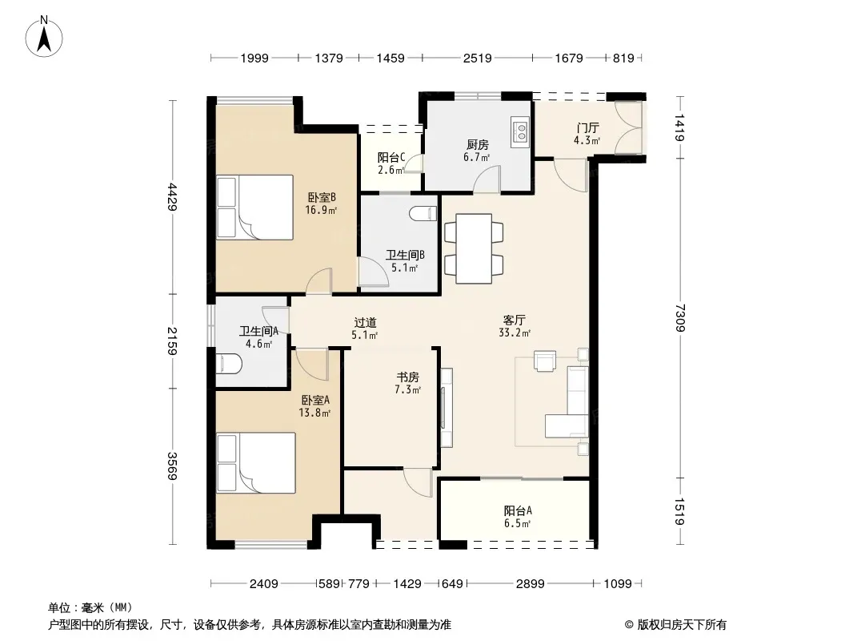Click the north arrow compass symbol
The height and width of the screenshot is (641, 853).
pos(44,37)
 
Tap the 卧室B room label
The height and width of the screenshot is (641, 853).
pos(322,197)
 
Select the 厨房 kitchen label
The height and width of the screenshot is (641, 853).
pos(477,145)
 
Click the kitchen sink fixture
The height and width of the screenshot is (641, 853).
pos(520,131)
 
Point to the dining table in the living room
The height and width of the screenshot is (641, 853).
pos(474,248)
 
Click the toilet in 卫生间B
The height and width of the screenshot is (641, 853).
pos(423,213)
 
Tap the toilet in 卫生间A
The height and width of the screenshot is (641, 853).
pos(229,364)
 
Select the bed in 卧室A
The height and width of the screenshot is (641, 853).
pos(256,463)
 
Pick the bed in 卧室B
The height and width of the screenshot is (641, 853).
pos(254,207)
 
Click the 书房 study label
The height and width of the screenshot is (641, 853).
pos(407,377)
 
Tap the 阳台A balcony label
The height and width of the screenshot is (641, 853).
pos(518,511)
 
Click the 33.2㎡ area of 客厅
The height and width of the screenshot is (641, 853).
pos(515,333)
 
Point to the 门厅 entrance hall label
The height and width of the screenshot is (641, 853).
pos(587,128)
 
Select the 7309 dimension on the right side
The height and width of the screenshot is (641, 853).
pos(680,318)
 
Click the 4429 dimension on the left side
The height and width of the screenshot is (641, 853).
pos(173,196)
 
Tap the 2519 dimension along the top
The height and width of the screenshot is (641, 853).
pos(477,58)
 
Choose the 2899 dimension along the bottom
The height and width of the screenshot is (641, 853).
pos(530,584)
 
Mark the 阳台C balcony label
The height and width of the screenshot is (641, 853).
pos(391,157)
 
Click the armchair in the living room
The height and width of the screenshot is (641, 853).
pos(545,361)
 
